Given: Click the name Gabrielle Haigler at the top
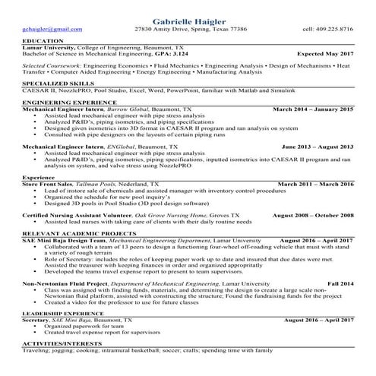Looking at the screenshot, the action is tap(188, 17).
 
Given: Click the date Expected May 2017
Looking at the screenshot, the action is tap(325, 54).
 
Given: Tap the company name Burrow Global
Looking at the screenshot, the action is tap(128, 109).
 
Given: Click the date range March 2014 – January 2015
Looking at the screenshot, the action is tap(313, 109).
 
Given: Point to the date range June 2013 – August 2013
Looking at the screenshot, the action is tap(318, 146).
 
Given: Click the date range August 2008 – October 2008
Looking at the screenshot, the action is tap(313, 215).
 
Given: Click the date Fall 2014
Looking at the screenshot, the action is tap(340, 283).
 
